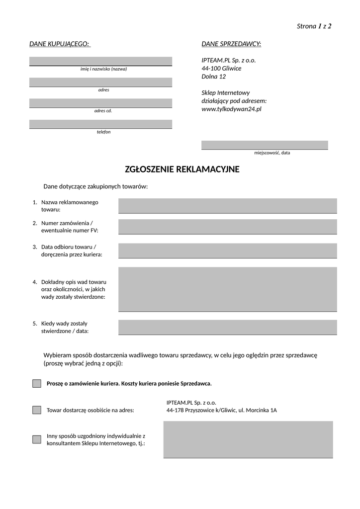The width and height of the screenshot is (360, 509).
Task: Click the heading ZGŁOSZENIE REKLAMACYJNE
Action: click(182, 170)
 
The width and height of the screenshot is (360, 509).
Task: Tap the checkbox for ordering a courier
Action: click(37, 384)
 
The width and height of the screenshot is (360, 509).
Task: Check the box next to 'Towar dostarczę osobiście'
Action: click(37, 410)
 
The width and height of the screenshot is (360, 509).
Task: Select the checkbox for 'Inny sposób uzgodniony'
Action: click(37, 439)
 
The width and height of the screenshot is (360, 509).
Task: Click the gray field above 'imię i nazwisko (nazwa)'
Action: click(100, 61)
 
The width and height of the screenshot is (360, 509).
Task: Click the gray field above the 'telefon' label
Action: click(100, 124)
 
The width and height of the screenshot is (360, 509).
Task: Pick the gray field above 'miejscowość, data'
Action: click(265, 145)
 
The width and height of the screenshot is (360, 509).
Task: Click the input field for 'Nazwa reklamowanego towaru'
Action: click(227, 205)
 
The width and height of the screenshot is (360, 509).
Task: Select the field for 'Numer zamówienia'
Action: click(227, 226)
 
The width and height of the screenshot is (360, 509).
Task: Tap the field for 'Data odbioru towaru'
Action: click(227, 251)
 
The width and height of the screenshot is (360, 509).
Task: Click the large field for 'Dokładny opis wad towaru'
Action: click(227, 289)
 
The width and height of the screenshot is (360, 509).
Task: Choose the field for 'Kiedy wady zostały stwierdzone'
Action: click(227, 327)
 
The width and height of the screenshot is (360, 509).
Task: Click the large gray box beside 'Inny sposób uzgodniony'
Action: click(248, 439)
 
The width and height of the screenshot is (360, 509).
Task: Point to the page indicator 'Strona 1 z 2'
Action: click(314, 26)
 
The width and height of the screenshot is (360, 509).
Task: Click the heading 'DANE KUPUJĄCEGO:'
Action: click(59, 44)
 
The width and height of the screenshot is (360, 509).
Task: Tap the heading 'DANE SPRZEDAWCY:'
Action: click(231, 44)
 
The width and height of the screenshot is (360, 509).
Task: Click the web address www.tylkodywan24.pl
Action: click(231, 109)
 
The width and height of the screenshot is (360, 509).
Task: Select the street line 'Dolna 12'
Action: click(213, 77)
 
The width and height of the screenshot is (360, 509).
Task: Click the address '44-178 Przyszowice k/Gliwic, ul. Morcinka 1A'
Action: click(221, 411)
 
